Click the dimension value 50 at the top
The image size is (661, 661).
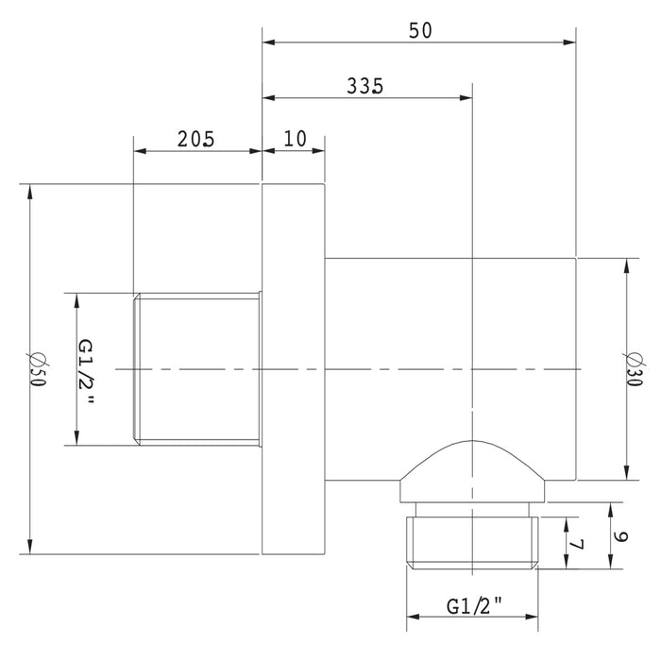tap(419, 29)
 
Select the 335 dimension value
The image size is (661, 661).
tap(364, 86)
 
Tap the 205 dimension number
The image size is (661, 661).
tap(196, 139)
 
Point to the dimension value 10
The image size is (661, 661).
tap(295, 139)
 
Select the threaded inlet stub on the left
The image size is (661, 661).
tap(196, 368)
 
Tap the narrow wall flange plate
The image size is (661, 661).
tap(294, 368)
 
